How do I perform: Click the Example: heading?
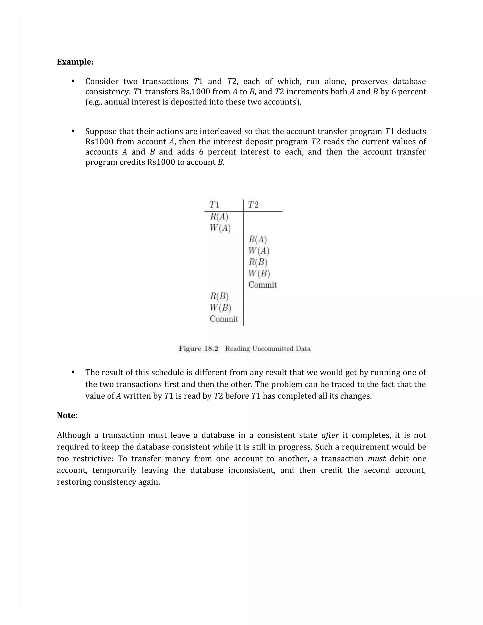(75, 62)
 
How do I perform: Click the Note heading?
(66, 415)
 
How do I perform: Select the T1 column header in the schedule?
(215, 205)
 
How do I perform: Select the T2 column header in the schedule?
(253, 205)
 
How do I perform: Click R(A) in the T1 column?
(219, 217)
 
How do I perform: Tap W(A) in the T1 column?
(220, 228)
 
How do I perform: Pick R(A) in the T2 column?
(258, 239)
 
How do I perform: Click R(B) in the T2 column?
(258, 262)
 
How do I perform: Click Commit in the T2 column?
(263, 285)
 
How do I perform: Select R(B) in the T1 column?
(219, 296)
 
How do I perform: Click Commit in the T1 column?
(224, 319)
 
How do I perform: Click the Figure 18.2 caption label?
(198, 349)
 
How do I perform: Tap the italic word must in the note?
(377, 459)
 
